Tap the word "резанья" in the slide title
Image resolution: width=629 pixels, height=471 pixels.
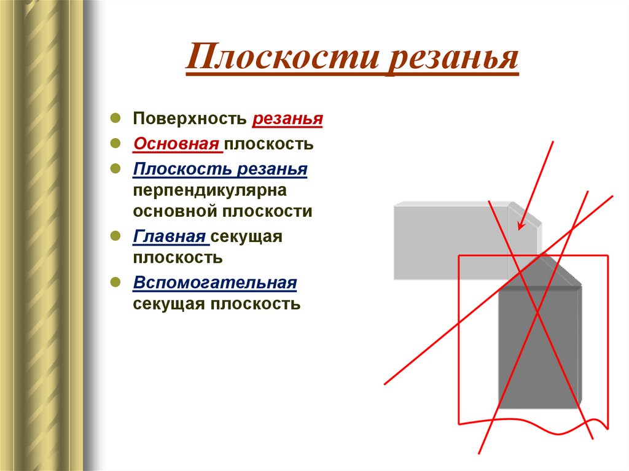[452, 60]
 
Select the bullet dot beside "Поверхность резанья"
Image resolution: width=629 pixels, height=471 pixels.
[115, 117]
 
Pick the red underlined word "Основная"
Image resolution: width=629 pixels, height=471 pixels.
[176, 144]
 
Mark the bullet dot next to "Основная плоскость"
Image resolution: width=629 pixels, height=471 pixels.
[115, 143]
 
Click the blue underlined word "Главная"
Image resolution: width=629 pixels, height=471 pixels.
[169, 236]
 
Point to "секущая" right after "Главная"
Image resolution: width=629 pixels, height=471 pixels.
[247, 236]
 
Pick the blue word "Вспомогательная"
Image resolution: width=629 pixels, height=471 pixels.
[215, 283]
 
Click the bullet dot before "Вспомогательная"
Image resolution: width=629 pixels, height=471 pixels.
[115, 282]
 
